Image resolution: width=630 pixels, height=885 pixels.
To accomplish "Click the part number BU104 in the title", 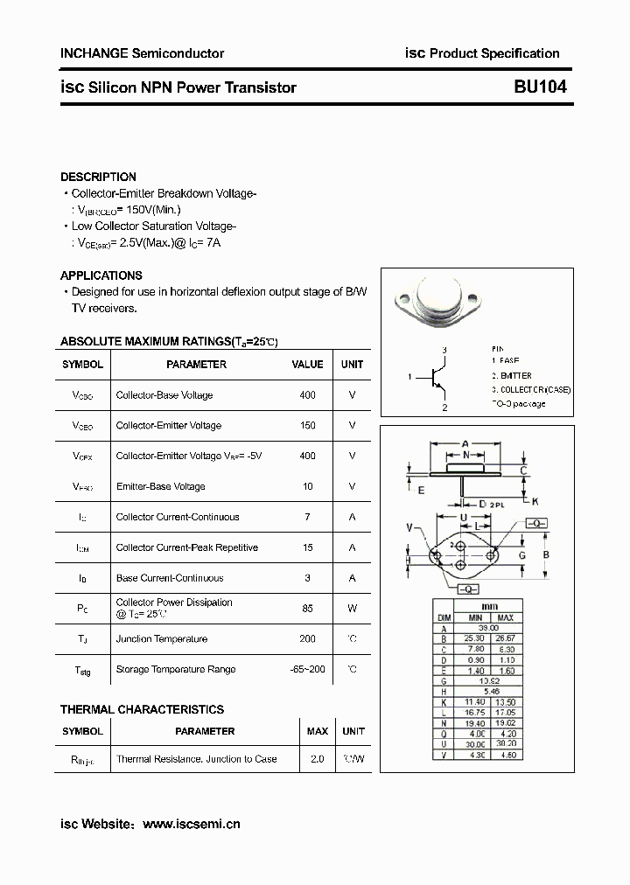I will [x=541, y=87].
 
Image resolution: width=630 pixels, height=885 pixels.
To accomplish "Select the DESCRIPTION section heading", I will [x=98, y=177].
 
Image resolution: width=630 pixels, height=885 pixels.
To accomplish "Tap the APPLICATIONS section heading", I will [x=101, y=275].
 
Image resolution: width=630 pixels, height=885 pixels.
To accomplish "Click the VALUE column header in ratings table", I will [x=307, y=365].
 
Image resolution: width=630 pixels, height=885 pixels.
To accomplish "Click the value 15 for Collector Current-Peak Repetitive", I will [x=307, y=547].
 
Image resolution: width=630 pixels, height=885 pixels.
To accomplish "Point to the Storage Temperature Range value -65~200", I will [x=307, y=669].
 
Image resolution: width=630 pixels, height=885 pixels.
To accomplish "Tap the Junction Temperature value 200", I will [x=307, y=639].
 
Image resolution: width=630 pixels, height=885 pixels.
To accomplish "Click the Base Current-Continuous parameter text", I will [x=170, y=578].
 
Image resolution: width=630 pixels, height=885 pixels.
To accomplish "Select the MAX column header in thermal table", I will [x=318, y=731].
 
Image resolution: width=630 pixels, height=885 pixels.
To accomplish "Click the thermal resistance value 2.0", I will [x=317, y=759].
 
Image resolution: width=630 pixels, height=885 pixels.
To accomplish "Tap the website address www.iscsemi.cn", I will [x=191, y=824].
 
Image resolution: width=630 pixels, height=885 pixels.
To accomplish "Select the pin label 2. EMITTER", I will [x=517, y=374].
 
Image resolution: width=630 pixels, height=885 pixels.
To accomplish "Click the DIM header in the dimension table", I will [x=444, y=617].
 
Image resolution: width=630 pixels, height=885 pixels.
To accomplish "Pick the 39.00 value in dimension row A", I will [x=489, y=628].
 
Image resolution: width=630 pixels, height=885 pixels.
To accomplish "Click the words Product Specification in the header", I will [x=494, y=53].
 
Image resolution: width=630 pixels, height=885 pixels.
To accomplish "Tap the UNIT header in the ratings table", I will [x=353, y=365].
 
